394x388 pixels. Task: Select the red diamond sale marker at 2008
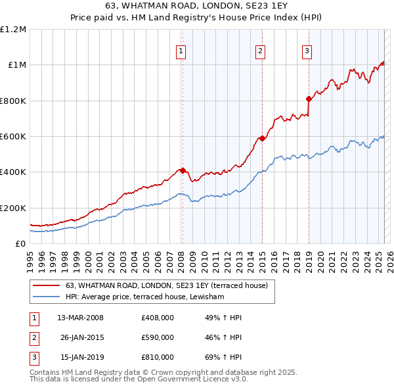(x=183, y=170)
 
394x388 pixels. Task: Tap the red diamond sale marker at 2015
(x=262, y=138)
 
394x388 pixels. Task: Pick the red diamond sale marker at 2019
(x=309, y=99)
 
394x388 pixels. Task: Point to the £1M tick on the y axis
(x=16, y=65)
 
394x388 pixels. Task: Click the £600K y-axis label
(x=13, y=137)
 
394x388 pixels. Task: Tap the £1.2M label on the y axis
(x=14, y=30)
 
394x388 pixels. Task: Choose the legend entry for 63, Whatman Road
(x=166, y=285)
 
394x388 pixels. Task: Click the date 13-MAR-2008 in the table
(x=80, y=318)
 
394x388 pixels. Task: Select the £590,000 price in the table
(x=157, y=337)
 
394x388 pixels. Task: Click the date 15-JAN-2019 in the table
(x=79, y=357)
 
